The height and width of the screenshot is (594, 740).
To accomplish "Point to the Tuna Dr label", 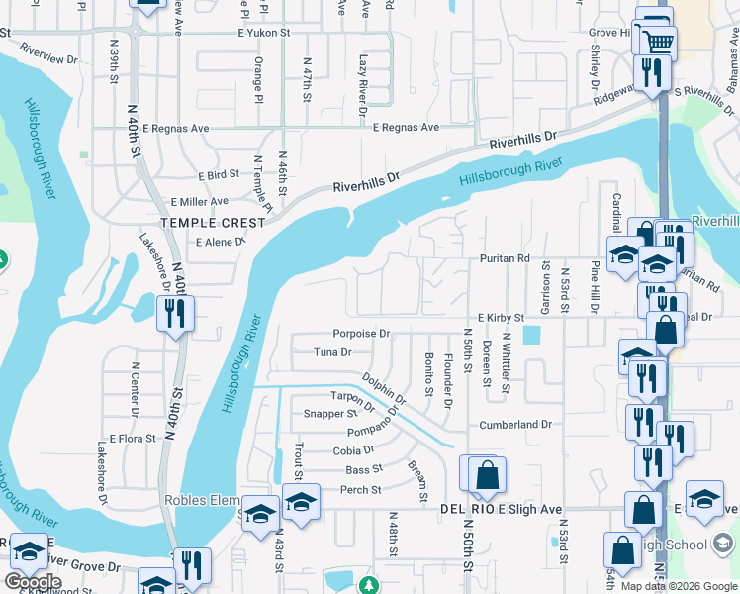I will click(x=331, y=351).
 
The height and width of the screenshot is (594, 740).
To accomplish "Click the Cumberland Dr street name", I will click(x=514, y=424).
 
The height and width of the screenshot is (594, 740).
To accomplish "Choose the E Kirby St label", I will click(x=500, y=317).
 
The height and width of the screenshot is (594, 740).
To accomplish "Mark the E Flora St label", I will click(x=134, y=438).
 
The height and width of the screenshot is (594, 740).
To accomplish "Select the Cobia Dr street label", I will click(x=353, y=450).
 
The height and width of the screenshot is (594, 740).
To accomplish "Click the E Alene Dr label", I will click(x=220, y=242).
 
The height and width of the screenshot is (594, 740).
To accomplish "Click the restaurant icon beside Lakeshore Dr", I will click(x=175, y=315).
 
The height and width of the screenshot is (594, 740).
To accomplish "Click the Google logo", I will click(x=33, y=582).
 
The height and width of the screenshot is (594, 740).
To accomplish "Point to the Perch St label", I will click(x=361, y=490).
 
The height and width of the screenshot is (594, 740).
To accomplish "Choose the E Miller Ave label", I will click(x=198, y=201).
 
